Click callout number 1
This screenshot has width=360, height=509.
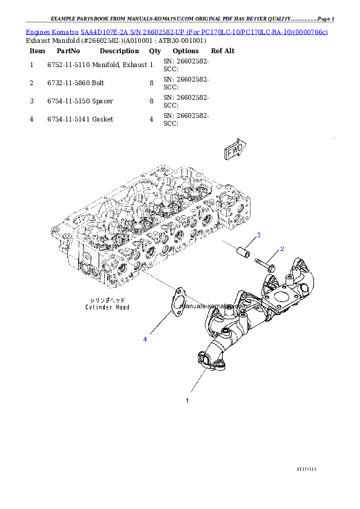click(x=187, y=400)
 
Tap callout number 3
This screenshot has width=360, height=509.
click(x=258, y=235)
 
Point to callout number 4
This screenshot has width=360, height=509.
click(x=145, y=339)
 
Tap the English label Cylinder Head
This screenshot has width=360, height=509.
click(x=107, y=307)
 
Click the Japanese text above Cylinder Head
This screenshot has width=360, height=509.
click(x=107, y=300)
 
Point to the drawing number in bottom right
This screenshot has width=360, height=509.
click(x=306, y=469)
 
